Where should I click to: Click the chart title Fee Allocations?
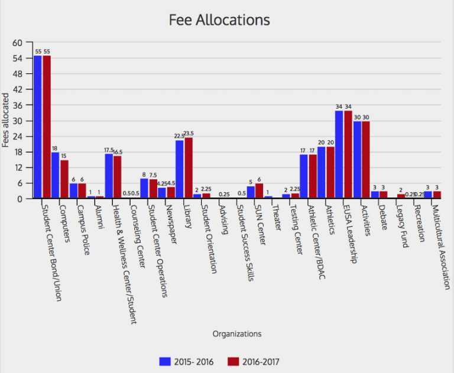[x=219, y=20]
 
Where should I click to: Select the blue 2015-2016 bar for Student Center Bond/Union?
[x=38, y=127]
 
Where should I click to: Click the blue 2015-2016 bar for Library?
[x=180, y=170]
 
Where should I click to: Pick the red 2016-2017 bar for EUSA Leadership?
[x=348, y=155]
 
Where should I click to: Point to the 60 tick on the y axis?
[x=17, y=43]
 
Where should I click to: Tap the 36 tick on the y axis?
[x=17, y=105]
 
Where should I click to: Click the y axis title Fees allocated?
[x=5, y=121]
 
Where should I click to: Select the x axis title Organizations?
[x=236, y=334]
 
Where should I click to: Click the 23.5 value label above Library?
[x=189, y=134]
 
